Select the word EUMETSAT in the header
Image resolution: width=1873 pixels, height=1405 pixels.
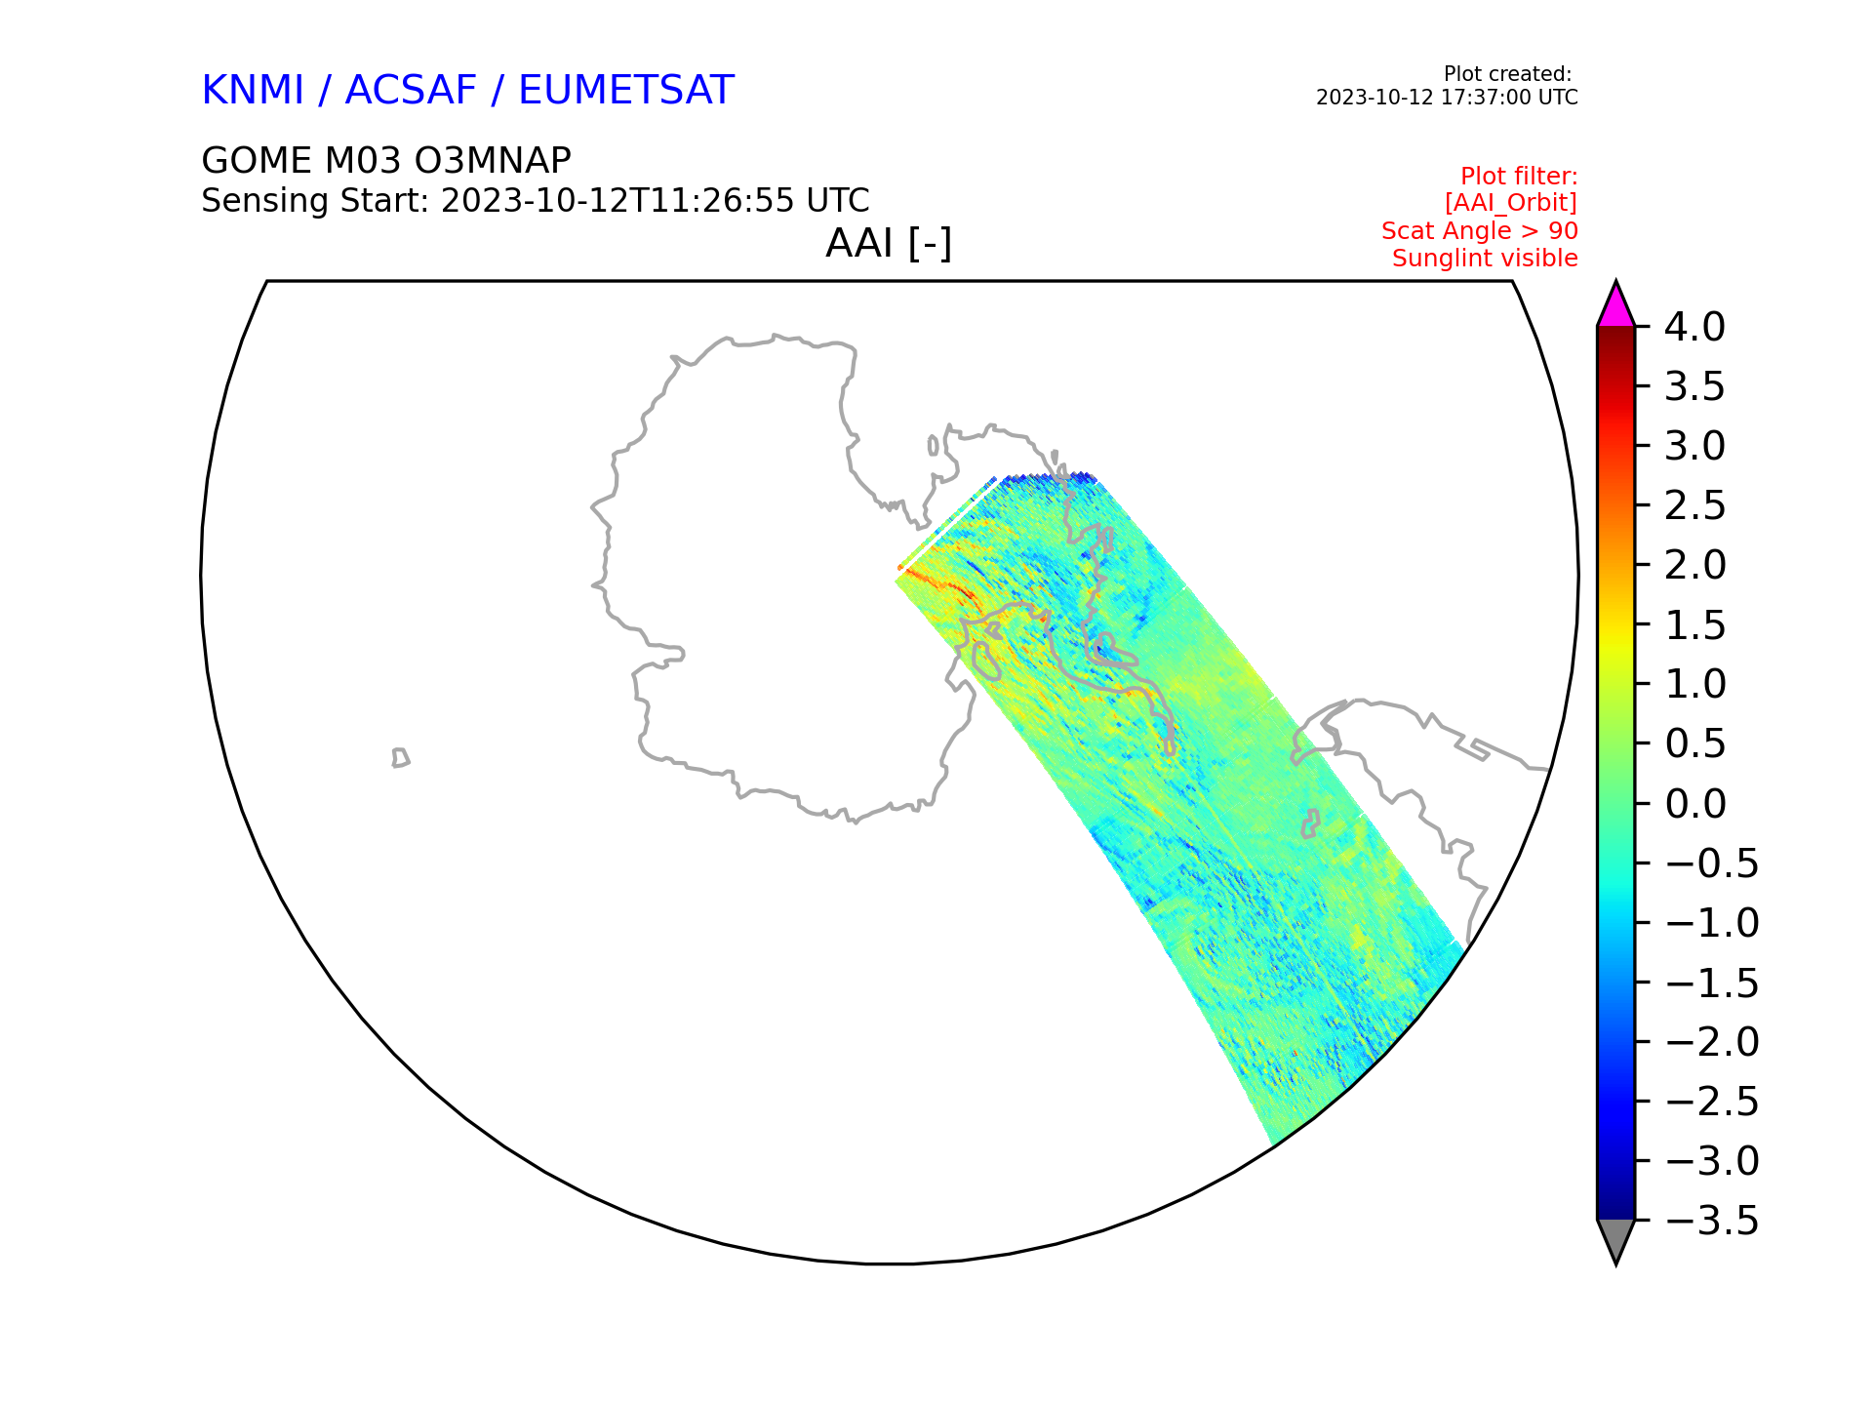tap(625, 91)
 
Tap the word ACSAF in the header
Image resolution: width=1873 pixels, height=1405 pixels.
tap(411, 91)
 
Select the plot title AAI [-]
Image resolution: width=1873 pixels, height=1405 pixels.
tap(889, 243)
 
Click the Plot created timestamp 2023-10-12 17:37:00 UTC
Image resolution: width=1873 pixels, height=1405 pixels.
tap(1447, 98)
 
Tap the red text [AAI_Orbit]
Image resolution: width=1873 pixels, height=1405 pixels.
tap(1511, 203)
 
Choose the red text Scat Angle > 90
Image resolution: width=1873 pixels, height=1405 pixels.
tap(1480, 231)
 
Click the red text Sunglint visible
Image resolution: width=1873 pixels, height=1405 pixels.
tap(1485, 259)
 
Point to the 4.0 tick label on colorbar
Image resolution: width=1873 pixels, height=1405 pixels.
tap(1694, 327)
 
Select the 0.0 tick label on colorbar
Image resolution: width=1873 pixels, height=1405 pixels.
tap(1694, 804)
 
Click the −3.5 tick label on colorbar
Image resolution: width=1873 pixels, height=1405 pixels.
tap(1712, 1221)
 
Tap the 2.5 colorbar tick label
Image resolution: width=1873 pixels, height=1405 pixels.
tap(1694, 505)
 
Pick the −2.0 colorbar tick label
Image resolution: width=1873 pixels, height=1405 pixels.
tap(1712, 1042)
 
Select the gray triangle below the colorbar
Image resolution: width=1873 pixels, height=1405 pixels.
tap(1615, 1236)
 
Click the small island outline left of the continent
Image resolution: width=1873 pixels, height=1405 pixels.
tap(400, 758)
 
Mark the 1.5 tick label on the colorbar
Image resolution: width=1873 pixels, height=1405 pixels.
tap(1694, 625)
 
